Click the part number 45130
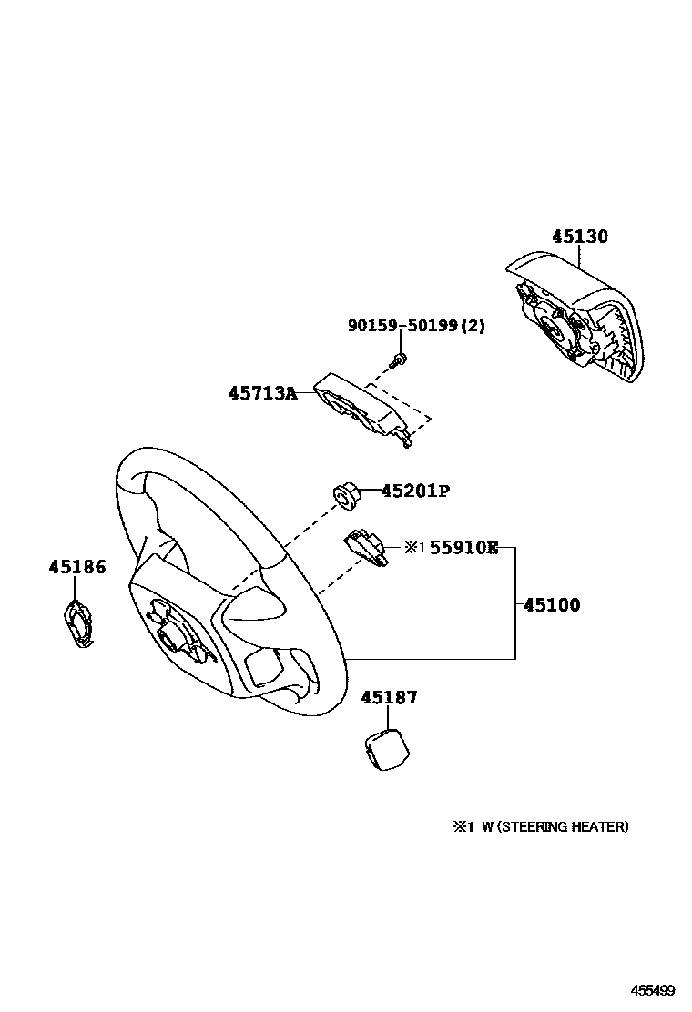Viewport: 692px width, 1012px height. [x=579, y=237]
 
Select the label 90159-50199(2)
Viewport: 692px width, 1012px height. [x=416, y=326]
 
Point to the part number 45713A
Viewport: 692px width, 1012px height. [x=262, y=394]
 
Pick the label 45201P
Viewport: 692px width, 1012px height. [x=415, y=491]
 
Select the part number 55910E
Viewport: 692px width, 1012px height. [x=463, y=548]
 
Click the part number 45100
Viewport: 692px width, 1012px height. [x=552, y=605]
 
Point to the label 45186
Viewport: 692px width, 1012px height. [x=76, y=567]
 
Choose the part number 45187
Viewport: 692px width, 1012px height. [x=389, y=698]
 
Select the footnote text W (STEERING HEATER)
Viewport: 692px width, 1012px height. [x=555, y=827]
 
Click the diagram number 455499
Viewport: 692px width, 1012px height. [x=654, y=988]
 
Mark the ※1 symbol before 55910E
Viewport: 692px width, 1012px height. [x=414, y=548]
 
